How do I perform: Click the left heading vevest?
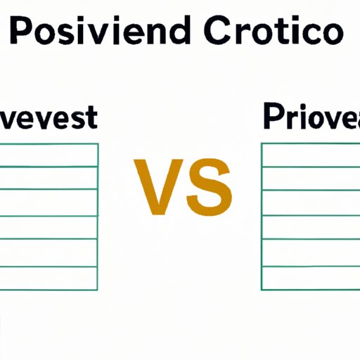(x=46, y=117)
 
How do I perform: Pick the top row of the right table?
(x=310, y=155)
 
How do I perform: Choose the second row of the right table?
(x=310, y=178)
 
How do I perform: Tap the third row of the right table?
(x=310, y=202)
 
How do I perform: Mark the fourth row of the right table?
(x=310, y=227)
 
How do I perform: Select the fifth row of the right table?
(x=310, y=252)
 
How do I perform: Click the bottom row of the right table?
(x=310, y=278)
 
